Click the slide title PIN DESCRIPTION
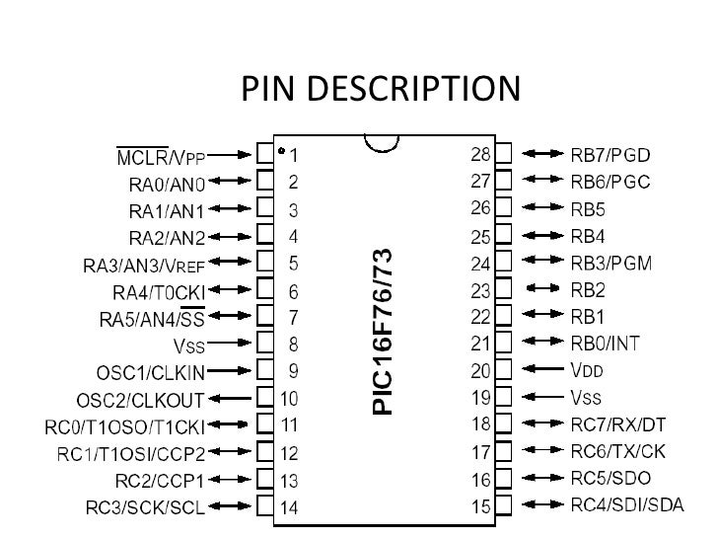380,90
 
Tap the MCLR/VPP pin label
162,156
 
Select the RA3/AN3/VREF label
143,265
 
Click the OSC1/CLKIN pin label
150,372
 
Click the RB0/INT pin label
607,344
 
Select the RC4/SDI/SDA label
627,506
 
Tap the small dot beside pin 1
282,153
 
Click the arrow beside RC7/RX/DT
543,425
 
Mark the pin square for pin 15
504,506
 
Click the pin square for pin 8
264,345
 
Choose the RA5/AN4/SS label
152,319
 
